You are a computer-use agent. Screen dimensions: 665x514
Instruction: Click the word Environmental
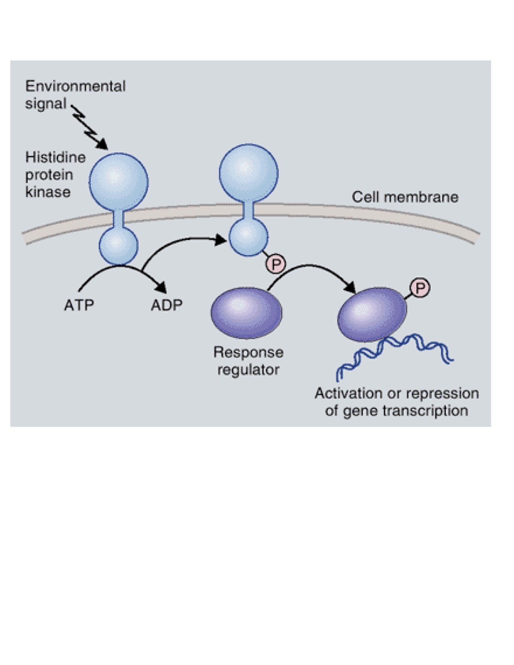click(x=75, y=86)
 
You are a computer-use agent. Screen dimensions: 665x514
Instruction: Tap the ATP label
click(x=79, y=305)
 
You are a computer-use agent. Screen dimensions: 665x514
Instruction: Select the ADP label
click(x=166, y=305)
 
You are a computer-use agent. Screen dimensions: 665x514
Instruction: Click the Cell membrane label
click(x=405, y=197)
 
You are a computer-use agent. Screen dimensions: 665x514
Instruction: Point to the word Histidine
click(x=56, y=157)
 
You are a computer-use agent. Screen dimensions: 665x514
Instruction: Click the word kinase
click(x=48, y=192)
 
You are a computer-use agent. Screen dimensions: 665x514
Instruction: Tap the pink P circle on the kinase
click(x=276, y=264)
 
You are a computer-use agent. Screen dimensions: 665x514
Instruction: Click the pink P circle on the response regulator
click(x=420, y=288)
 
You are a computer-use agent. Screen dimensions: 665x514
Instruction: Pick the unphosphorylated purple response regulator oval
click(x=246, y=312)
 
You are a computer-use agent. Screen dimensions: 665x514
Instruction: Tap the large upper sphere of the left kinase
click(x=119, y=182)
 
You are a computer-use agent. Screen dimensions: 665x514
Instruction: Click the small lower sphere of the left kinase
click(x=119, y=245)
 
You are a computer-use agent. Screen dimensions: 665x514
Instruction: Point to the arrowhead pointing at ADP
click(x=162, y=287)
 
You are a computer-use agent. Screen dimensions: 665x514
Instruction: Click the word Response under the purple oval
click(x=248, y=352)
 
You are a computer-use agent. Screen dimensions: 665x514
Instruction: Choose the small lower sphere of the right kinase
click(x=248, y=236)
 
